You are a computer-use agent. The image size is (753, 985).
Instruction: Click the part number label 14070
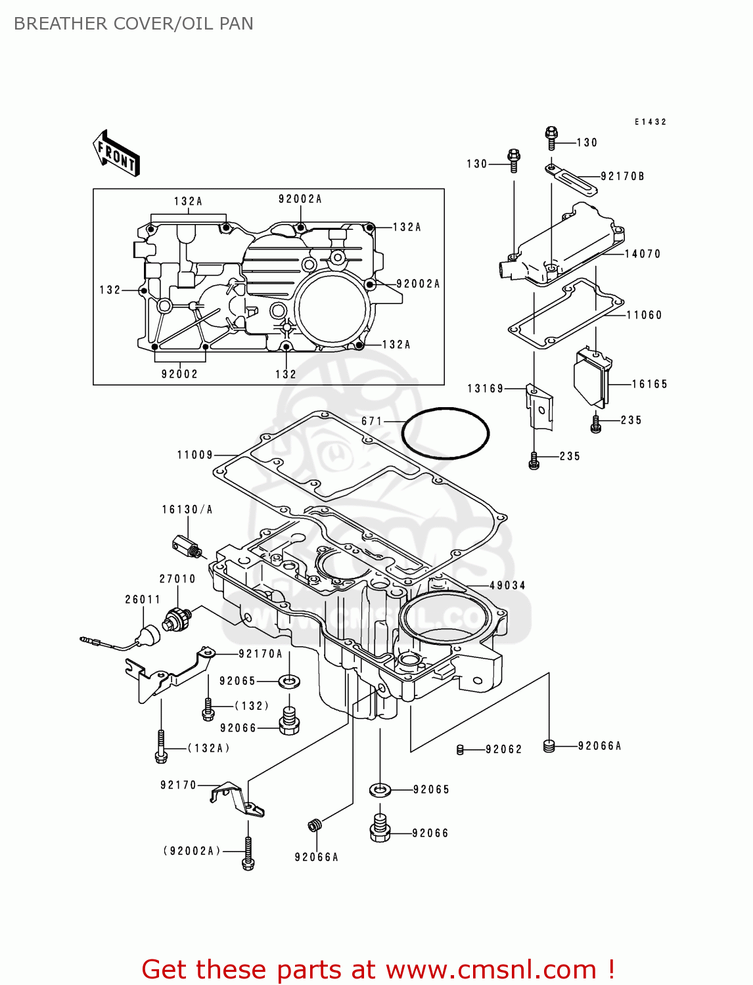pyautogui.click(x=642, y=254)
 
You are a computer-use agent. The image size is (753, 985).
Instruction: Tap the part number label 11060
pyautogui.click(x=644, y=315)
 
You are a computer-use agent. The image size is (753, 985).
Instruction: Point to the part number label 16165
pyautogui.click(x=649, y=384)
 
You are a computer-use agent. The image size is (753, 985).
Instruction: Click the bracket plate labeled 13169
pyautogui.click(x=539, y=407)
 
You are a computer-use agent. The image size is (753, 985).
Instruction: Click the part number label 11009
pyautogui.click(x=195, y=454)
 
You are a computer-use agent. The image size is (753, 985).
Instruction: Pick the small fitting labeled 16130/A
pyautogui.click(x=186, y=545)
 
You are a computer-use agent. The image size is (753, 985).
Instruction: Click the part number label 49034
pyautogui.click(x=507, y=585)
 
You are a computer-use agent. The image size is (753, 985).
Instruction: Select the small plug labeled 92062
pyautogui.click(x=460, y=749)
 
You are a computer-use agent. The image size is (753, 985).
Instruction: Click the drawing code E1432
pyautogui.click(x=650, y=122)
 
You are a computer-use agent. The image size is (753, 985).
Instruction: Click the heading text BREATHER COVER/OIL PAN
pyautogui.click(x=133, y=24)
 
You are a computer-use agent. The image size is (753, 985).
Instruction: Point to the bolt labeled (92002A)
pyautogui.click(x=248, y=854)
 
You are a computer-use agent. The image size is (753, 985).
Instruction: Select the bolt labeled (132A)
pyautogui.click(x=161, y=747)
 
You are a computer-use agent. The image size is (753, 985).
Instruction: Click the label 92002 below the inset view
pyautogui.click(x=179, y=374)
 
